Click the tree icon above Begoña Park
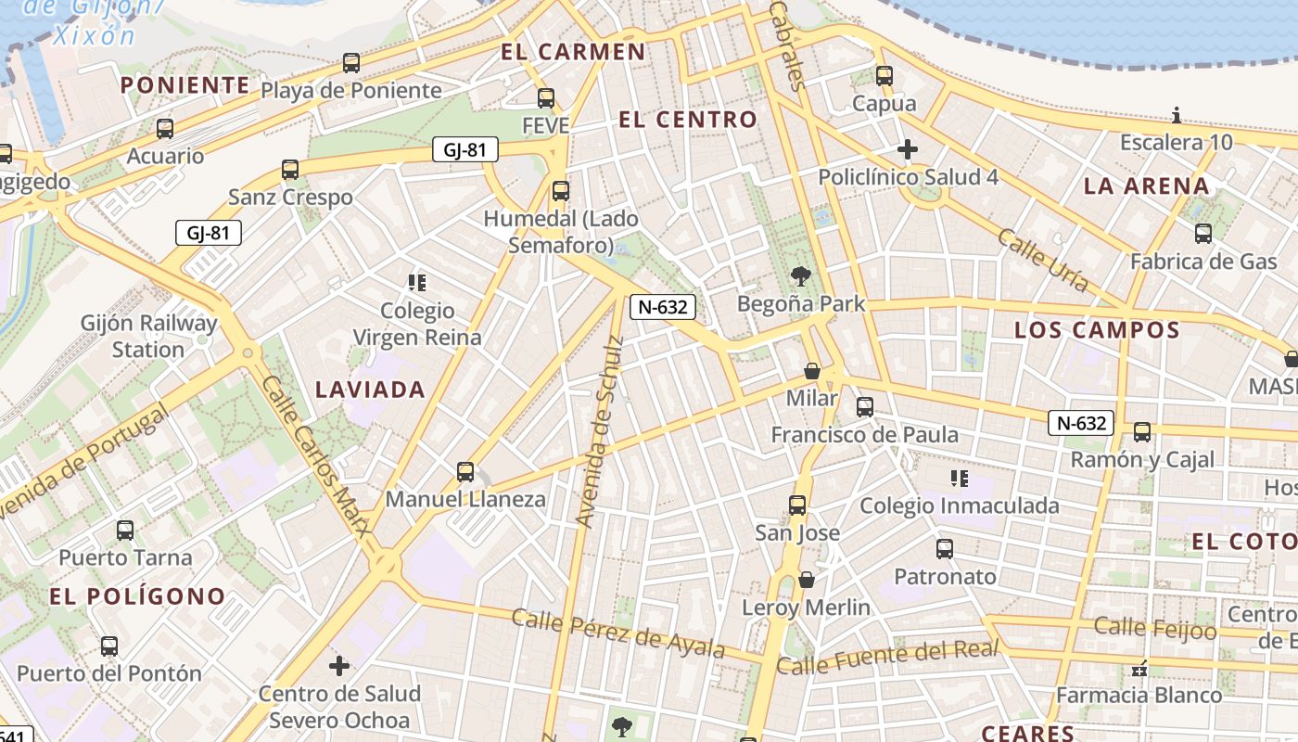coord(800,275)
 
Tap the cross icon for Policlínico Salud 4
coord(908,148)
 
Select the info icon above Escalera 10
coord(1177,115)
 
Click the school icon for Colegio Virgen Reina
coord(417,282)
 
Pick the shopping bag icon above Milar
coord(812,371)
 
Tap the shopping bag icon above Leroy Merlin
coord(807,580)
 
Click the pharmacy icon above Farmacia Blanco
coord(1139,668)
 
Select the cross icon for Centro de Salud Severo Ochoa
coord(339,665)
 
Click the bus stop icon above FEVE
coord(546,97)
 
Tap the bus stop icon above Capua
coord(884,76)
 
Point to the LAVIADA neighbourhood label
coord(370,390)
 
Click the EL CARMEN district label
coord(573,52)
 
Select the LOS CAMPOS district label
coord(1097,330)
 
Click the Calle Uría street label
coord(1043,261)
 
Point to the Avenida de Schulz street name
coord(601,432)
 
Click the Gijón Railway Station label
coord(148,337)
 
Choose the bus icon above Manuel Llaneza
coord(465,472)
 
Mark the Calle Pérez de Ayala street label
coord(618,633)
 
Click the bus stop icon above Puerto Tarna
coord(125,531)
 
